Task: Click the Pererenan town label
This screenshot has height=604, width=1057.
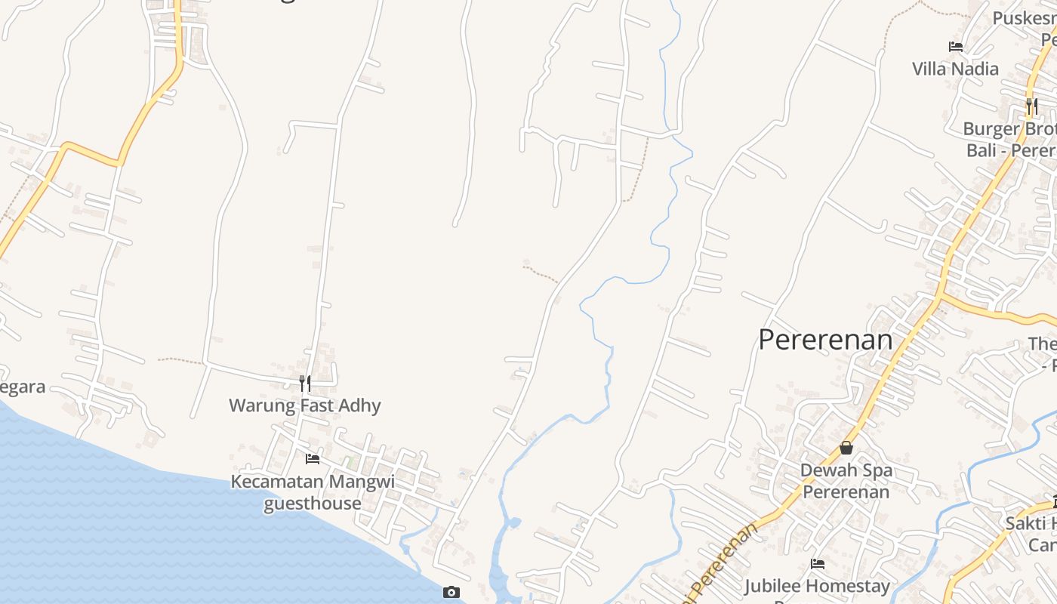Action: [x=825, y=340]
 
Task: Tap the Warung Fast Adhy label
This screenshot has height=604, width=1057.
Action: [x=305, y=405]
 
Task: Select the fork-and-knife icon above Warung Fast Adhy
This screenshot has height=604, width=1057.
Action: [x=305, y=384]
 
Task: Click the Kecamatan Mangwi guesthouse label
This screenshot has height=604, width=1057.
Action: [x=313, y=492]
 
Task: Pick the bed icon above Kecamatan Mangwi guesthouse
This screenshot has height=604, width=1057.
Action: [x=313, y=459]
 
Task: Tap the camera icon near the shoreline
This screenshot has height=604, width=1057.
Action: [x=451, y=592]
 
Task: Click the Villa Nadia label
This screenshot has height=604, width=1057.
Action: [x=955, y=69]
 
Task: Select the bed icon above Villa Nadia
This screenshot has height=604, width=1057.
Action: [x=956, y=47]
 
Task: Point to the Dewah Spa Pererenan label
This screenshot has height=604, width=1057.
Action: [x=846, y=481]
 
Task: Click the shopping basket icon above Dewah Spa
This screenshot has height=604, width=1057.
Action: [x=846, y=448]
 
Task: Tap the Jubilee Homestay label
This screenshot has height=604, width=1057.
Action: [x=818, y=586]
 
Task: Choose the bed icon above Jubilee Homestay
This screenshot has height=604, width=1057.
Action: [x=818, y=563]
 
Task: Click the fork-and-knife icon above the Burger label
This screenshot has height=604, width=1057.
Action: [x=1032, y=106]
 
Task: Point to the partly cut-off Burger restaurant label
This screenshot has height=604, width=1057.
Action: [x=1010, y=140]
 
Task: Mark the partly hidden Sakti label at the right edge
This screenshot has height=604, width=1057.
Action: [x=1031, y=533]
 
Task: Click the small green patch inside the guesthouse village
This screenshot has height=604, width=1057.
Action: [x=349, y=460]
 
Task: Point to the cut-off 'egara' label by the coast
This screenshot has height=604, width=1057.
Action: [x=23, y=387]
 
